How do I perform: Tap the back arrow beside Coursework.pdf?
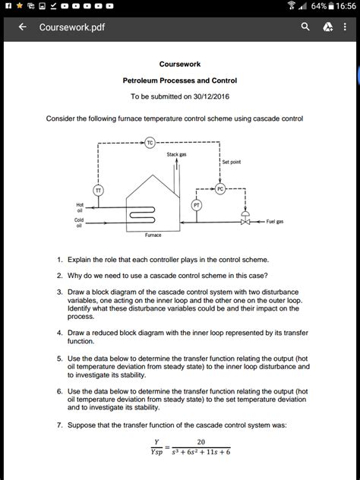click(x=23, y=27)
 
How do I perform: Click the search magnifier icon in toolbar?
click(x=305, y=27)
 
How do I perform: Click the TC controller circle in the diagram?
click(x=150, y=141)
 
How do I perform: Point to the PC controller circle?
click(x=220, y=188)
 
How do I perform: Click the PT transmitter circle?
click(x=197, y=204)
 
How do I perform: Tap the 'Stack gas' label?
click(x=178, y=154)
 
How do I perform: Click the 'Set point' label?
click(x=232, y=162)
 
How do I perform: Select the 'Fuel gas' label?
click(x=275, y=222)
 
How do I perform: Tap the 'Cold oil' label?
click(x=79, y=222)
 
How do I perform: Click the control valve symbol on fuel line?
click(x=245, y=221)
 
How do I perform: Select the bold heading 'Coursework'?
click(x=180, y=65)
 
